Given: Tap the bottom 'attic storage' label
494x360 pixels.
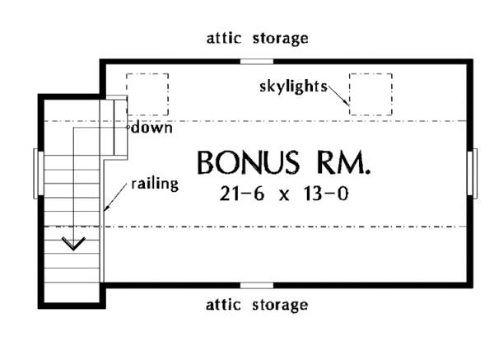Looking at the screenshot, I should pos(256,306).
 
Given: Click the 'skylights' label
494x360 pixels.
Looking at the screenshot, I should pos(292,86).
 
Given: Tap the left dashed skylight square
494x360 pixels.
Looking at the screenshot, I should pos(147,93).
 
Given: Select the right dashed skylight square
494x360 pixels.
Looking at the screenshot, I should pos(370,94).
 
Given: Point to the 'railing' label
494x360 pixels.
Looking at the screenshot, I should pos(155,184).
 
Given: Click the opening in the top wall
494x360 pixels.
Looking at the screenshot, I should pos(257,60).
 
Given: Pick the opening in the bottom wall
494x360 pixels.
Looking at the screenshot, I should pos(257,285).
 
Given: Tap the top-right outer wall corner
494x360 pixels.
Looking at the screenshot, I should pos(473,60).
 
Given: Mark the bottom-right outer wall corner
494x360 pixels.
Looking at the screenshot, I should pos(473,285).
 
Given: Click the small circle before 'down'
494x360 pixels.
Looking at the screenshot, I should pos(128,129).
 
